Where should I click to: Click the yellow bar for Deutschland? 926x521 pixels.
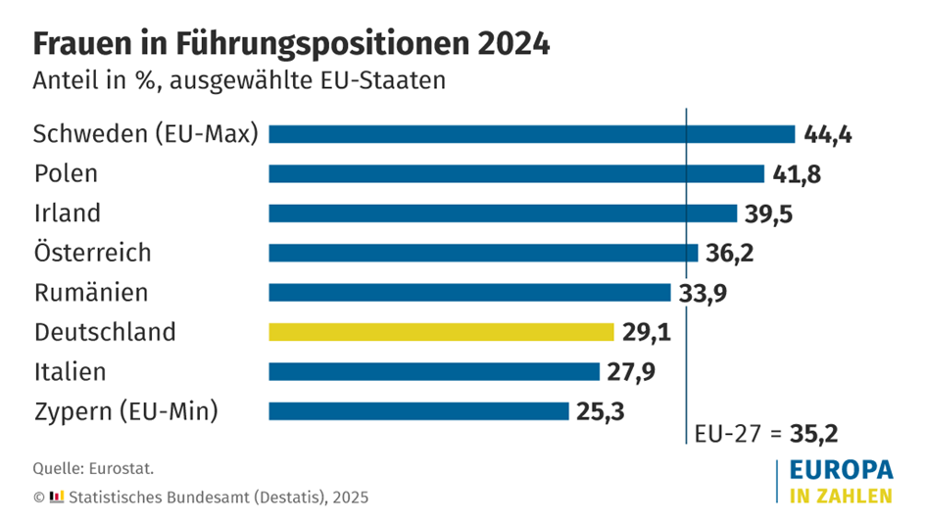coord(442,332)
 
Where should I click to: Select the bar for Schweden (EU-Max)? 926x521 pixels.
coord(531,134)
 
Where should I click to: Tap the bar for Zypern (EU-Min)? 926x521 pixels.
coord(418,410)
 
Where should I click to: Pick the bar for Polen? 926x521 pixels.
coord(516,173)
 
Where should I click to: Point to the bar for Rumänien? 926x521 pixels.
coord(469,292)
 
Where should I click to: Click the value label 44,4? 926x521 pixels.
coord(827,134)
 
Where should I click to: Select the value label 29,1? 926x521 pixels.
coord(647,332)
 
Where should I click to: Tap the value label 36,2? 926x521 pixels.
coord(731,253)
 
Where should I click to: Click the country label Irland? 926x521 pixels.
coord(68,213)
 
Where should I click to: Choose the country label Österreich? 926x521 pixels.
coord(93,253)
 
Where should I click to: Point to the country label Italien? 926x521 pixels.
coord(70,371)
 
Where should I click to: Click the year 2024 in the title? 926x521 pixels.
coord(513,43)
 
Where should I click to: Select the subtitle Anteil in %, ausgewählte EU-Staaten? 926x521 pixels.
coord(240,80)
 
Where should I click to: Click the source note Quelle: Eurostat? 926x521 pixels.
coord(94,468)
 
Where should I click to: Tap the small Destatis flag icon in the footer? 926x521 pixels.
coord(57,497)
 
